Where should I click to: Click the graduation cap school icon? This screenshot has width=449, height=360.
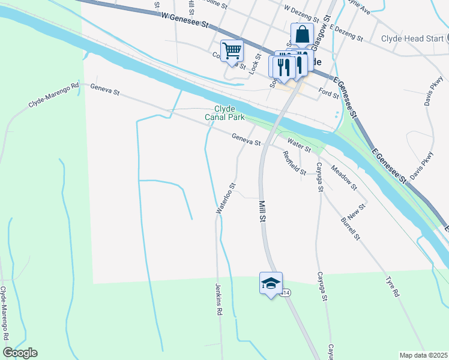pos(271,283)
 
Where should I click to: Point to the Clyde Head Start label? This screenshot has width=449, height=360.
pos(411,38)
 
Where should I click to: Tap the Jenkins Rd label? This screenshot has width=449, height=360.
pos(218,300)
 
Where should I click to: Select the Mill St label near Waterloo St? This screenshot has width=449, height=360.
pos(262,212)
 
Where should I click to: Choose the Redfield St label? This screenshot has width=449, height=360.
pos(295,162)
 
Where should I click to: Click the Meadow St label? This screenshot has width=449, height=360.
pos(343,178)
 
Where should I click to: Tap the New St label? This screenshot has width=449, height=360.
pos(356,211)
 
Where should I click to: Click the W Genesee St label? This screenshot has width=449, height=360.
pos(188,22)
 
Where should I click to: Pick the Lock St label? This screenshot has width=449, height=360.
pos(254,62)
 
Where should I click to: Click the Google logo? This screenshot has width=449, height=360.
pos(20,353)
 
